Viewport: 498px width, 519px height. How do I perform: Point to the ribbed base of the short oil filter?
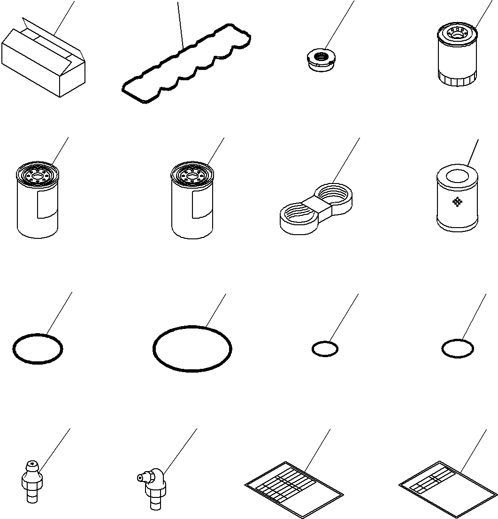[x=458, y=80]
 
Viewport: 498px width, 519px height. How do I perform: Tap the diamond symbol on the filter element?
[x=456, y=202]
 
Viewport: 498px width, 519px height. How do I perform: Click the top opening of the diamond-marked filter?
[x=457, y=176]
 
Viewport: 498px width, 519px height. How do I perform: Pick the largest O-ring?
[x=192, y=349]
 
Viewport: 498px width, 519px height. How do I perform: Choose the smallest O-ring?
[x=324, y=349]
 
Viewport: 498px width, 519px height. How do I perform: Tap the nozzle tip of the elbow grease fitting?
[x=139, y=477]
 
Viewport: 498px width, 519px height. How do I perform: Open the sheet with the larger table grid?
[x=294, y=483]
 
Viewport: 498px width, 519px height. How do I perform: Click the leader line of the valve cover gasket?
[x=180, y=23]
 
